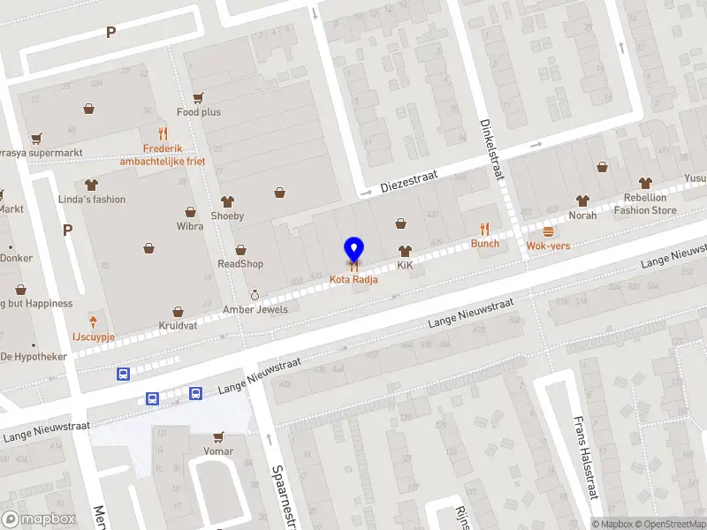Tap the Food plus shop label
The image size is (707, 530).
tap(199, 112)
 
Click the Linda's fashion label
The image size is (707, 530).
tap(92, 200)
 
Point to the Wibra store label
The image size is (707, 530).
tap(190, 226)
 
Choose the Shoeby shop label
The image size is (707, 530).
tap(227, 216)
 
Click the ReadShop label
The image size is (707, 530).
tap(240, 264)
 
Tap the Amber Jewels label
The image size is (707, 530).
tap(255, 307)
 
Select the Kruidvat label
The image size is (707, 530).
tap(178, 326)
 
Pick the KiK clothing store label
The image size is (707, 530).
tap(405, 265)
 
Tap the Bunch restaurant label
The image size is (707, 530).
tap(484, 244)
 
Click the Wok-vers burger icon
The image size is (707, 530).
tap(548, 231)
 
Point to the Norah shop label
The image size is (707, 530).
tap(582, 216)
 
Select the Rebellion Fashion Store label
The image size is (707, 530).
tap(645, 204)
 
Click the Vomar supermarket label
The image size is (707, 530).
tap(217, 451)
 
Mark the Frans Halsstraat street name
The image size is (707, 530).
tap(582, 459)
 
